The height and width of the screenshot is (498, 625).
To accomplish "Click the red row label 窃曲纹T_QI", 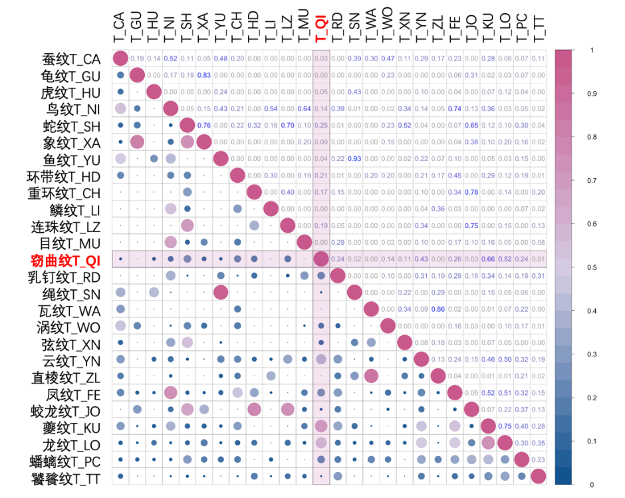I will pos(65,259).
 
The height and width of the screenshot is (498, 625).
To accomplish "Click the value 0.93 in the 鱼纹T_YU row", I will pos(354,158).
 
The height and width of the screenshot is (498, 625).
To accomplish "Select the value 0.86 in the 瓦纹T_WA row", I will pos(438,309).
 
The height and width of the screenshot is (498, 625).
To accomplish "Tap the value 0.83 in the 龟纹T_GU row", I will pos(204,75).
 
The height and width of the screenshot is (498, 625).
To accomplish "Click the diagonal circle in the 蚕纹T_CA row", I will pos(120,59).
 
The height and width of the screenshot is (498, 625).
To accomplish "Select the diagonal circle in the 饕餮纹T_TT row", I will pos(538,476).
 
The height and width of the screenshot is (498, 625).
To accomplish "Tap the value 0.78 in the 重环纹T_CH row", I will pos(471,191).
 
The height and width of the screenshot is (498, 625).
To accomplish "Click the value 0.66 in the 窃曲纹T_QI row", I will pos(488,259).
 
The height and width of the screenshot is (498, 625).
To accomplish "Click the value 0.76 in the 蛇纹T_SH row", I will pos(204,125).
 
